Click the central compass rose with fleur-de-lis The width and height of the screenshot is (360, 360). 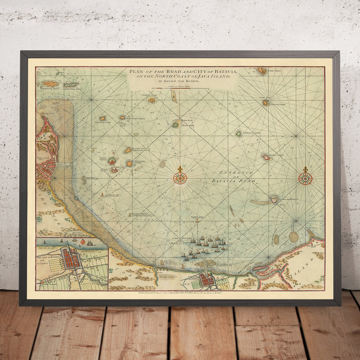click(x=180, y=178)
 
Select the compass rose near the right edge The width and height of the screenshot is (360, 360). click(x=306, y=178)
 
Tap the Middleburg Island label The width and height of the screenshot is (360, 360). click(x=50, y=89)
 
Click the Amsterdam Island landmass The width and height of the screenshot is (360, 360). click(x=71, y=84)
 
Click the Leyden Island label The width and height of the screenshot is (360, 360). click(x=276, y=155)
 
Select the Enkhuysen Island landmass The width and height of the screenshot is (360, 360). click(x=239, y=134)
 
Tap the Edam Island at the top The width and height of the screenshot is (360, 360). click(x=262, y=71)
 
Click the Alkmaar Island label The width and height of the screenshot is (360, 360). click(x=277, y=104)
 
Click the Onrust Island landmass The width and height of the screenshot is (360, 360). click(x=112, y=161)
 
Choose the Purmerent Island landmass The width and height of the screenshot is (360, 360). click(x=129, y=163)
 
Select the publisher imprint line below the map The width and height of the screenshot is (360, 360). click(x=180, y=293)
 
